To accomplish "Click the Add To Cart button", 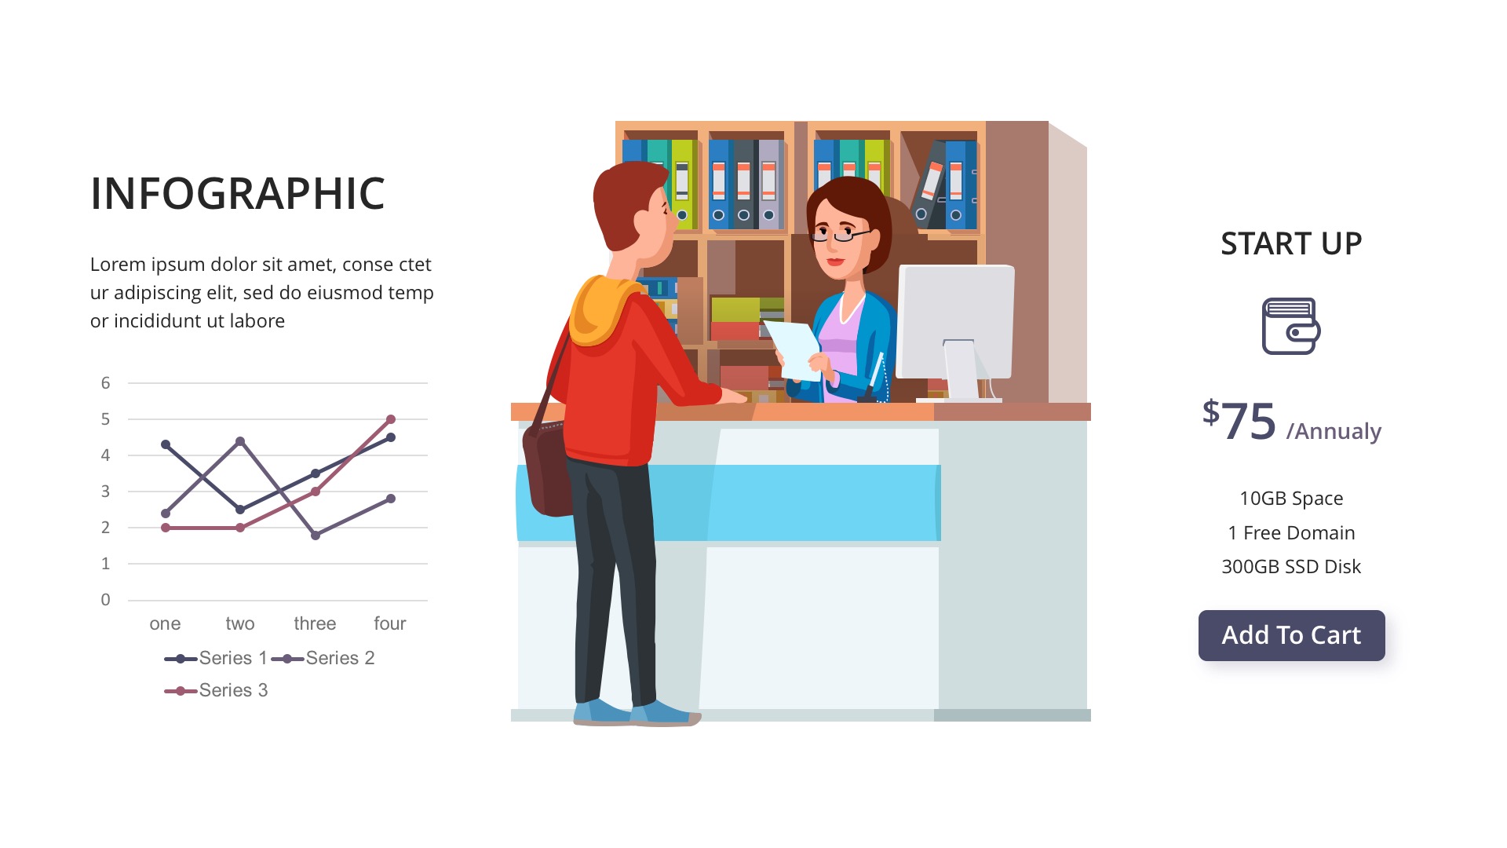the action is click(1291, 635).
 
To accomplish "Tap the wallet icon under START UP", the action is click(1291, 326).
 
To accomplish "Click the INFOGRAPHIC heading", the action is click(237, 193).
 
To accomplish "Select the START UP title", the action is click(1291, 243).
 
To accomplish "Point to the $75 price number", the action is click(1239, 421).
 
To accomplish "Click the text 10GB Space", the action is click(1291, 499).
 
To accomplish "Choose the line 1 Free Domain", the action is click(1291, 533).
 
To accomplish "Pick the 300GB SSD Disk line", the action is click(1291, 567).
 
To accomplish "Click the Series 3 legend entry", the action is click(216, 690).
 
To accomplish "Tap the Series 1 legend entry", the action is click(216, 658).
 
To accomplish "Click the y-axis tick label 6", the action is click(105, 383).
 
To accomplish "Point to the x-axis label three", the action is click(315, 623).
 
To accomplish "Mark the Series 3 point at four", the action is click(391, 419).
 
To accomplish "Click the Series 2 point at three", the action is click(316, 535).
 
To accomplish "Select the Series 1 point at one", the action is click(166, 444).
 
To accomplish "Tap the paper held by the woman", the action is click(794, 350).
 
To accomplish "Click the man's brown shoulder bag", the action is click(548, 470).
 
